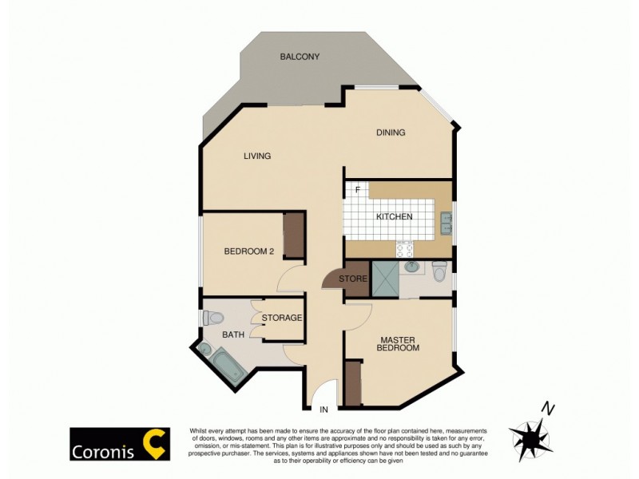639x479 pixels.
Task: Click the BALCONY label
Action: point(300,57)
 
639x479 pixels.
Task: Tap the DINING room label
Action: point(391,133)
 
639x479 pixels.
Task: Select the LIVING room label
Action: point(257,156)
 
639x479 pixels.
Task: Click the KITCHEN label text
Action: point(394,216)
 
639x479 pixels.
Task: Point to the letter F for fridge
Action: point(358,190)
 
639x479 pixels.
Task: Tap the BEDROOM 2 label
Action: point(248,251)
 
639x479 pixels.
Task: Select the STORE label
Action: point(352,279)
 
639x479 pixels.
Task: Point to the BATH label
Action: point(233,335)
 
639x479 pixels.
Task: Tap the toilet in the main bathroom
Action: point(212,318)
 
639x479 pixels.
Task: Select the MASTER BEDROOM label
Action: point(399,343)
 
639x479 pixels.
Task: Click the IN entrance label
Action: point(323,410)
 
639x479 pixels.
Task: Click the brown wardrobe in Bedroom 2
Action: point(294,236)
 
